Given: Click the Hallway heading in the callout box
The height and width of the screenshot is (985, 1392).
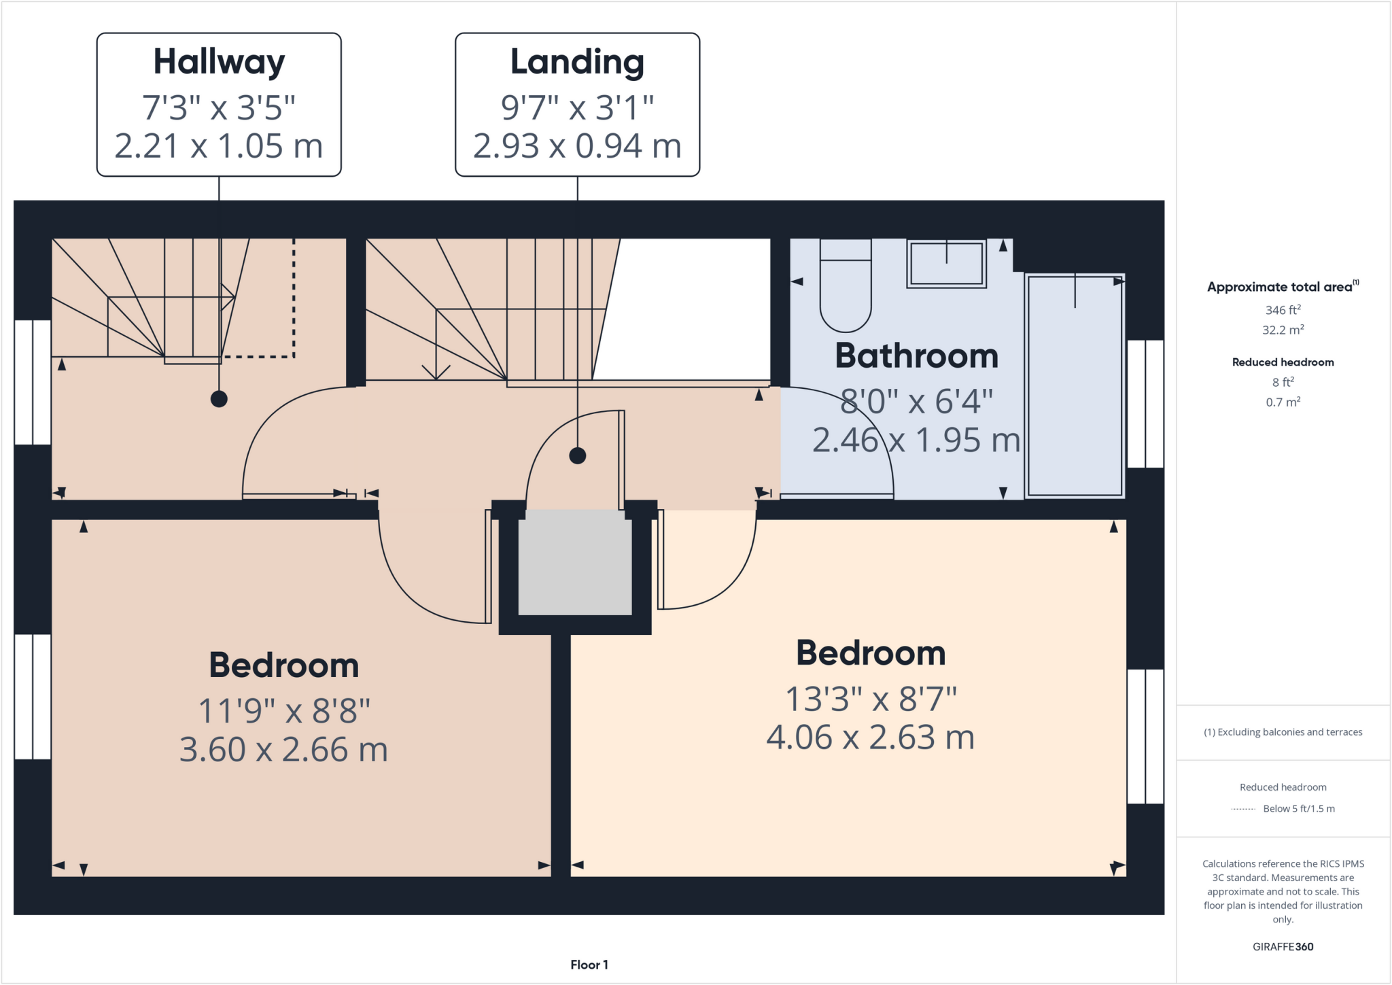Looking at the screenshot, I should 219,62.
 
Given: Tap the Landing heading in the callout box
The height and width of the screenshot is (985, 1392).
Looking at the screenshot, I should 577,62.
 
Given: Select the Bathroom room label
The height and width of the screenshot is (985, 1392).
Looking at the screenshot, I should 916,356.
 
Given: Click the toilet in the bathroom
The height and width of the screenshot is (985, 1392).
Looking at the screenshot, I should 846,286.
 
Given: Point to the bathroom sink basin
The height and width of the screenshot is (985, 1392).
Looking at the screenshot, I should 946,264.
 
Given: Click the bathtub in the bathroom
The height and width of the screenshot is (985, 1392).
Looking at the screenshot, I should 1075,385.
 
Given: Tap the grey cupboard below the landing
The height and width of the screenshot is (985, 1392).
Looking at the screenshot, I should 575,563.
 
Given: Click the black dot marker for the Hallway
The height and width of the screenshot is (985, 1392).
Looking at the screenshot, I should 219,399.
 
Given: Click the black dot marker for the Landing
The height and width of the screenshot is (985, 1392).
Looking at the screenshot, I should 577,455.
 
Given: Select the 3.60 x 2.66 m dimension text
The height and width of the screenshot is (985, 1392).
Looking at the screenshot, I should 283,750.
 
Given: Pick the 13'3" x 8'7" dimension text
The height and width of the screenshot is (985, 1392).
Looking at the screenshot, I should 871,699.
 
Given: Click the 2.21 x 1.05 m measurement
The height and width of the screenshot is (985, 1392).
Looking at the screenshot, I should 219,146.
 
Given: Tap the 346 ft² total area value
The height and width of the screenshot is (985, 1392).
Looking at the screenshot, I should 1283,310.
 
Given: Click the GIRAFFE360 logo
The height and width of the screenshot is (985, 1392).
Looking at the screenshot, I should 1283,946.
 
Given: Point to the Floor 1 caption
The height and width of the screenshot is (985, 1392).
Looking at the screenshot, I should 589,965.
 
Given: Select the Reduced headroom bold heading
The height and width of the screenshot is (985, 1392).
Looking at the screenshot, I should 1283,362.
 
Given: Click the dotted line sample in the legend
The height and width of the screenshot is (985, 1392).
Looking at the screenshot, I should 1243,809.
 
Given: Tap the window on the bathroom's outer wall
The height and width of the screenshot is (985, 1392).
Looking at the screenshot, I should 1145,404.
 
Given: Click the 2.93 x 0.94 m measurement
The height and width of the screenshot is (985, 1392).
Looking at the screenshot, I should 577,146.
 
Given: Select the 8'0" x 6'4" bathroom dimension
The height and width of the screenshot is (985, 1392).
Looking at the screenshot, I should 916,402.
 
